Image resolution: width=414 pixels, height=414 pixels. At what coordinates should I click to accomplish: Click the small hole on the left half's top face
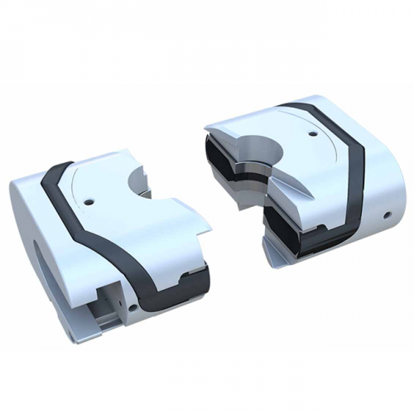88,199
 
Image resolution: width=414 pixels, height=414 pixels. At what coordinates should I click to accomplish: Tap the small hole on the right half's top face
312,132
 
